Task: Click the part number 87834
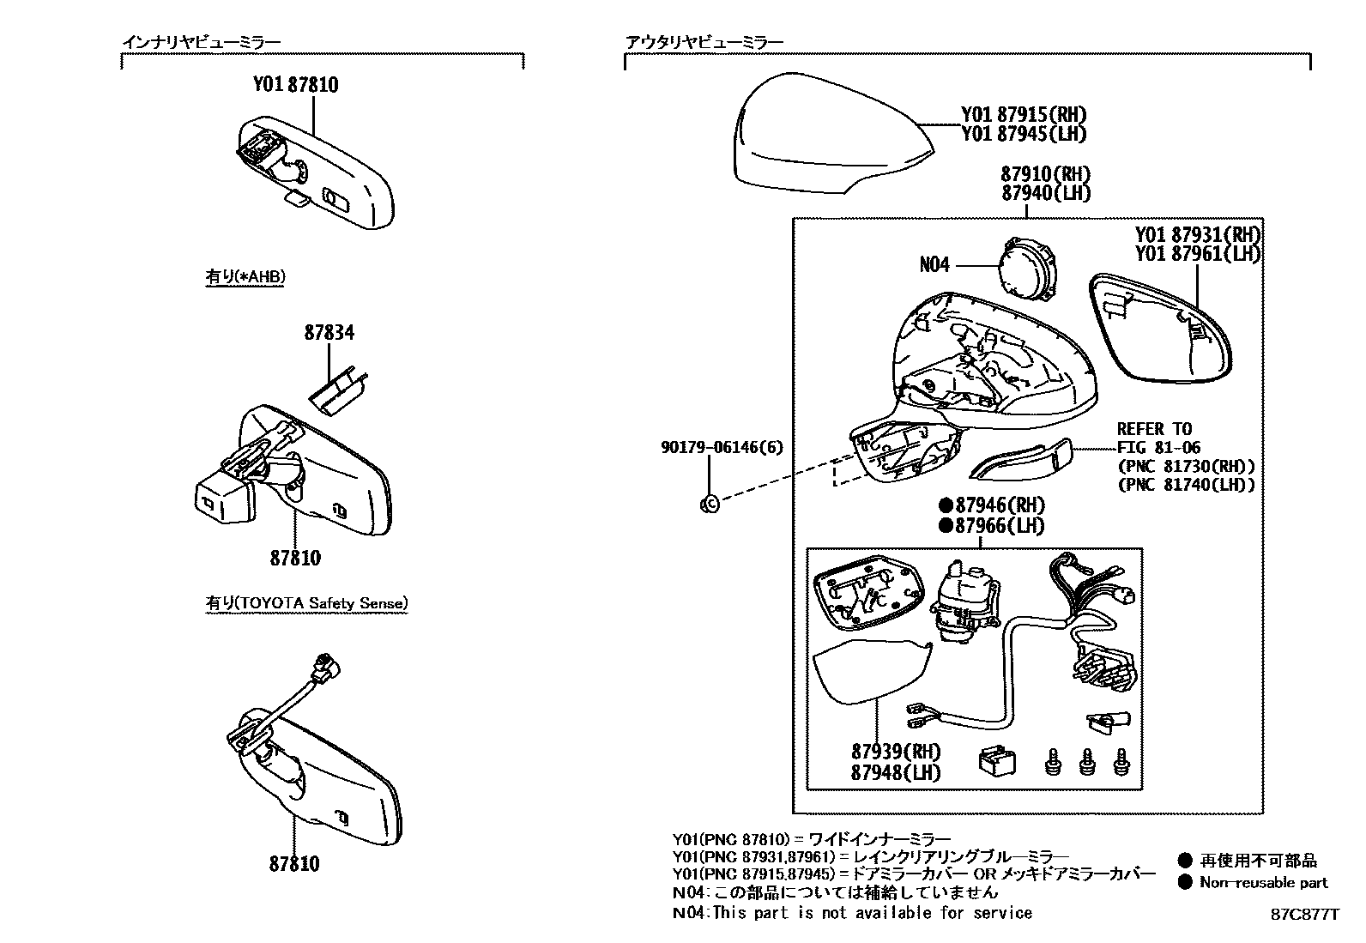point(329,333)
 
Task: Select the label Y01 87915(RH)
point(1023,115)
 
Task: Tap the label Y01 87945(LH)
point(1023,134)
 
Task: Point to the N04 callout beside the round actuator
point(934,265)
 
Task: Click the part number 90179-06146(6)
point(722,448)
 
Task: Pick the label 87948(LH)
point(895,771)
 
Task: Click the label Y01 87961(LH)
point(1197,254)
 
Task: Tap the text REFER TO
point(1154,429)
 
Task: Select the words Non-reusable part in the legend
point(1263,882)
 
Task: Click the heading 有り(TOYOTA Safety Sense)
point(306,603)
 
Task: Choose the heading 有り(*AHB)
point(245,276)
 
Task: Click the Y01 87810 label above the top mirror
point(295,84)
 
